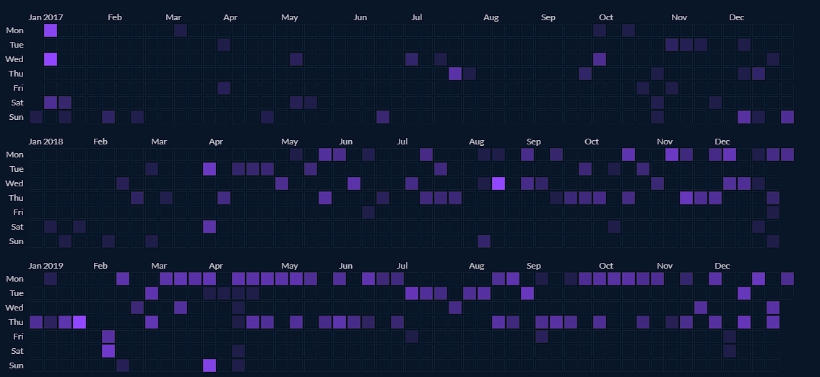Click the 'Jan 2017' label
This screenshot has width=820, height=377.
click(45, 17)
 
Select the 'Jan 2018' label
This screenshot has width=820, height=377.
click(45, 142)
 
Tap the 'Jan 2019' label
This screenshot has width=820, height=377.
click(45, 266)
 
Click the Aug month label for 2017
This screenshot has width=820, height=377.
click(491, 17)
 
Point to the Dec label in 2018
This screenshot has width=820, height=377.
click(722, 142)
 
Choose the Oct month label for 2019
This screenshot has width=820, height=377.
click(606, 266)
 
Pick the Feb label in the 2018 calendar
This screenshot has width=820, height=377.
click(100, 142)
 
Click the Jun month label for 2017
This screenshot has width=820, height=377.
click(361, 17)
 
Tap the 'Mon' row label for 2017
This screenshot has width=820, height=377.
click(14, 30)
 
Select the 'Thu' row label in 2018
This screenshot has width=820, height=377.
click(15, 198)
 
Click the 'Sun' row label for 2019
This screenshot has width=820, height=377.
click(15, 365)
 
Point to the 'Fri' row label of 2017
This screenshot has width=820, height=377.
click(17, 88)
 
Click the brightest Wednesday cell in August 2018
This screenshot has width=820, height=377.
click(498, 183)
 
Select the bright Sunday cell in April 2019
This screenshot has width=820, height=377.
click(210, 365)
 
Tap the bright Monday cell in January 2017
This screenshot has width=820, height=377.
click(51, 30)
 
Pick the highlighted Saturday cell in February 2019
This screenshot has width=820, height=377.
click(108, 351)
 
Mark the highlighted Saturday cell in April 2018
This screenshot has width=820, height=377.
click(210, 227)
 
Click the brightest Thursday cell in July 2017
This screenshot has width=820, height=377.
click(455, 74)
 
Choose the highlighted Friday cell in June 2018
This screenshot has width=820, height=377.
click(368, 212)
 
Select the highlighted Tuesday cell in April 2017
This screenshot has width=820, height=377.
click(224, 45)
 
